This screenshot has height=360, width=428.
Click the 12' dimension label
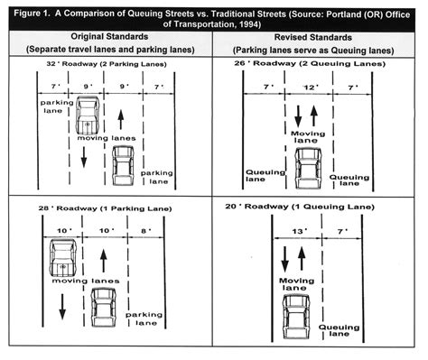coord(311,88)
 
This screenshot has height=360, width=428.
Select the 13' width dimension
coord(300,231)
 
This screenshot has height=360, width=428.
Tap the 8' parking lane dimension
coord(146,231)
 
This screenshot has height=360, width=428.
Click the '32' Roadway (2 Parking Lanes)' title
coord(107,64)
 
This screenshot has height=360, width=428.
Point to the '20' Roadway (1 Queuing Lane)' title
coord(300,207)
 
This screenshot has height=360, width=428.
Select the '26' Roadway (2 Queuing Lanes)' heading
coord(310,63)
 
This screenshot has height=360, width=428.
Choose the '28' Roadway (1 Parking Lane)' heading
coord(105,208)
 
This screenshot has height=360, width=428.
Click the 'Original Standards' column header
coord(109,37)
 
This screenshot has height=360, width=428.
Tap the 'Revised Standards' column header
coord(313,38)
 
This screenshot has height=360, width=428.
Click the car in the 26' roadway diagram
coord(308,168)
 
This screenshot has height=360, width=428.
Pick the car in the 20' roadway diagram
coord(296,317)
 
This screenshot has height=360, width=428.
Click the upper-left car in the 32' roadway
coord(88,115)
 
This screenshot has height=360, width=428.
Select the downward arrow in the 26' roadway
coord(298,116)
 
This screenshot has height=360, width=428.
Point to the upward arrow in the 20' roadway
coord(302,259)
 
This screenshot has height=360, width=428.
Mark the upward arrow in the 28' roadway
coord(104,261)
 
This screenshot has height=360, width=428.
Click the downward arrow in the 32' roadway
coord(84,157)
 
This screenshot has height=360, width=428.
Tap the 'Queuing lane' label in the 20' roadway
coord(340,330)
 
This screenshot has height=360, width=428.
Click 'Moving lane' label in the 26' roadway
coord(308,137)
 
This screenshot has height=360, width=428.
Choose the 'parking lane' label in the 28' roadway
coord(144,318)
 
